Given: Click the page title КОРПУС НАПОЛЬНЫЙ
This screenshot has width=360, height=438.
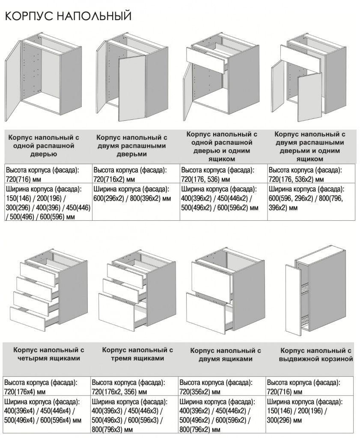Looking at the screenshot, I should [x=68, y=16].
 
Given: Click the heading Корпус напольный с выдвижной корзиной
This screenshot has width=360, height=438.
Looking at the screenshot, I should [x=316, y=355].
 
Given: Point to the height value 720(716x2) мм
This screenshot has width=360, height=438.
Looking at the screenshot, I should [x=114, y=178].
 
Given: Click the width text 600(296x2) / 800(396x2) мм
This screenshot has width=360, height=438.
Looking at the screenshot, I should [x=132, y=198].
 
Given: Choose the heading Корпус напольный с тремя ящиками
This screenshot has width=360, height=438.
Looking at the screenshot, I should [x=137, y=354].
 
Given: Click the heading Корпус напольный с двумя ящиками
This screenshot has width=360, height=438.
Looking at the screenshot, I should [x=226, y=355].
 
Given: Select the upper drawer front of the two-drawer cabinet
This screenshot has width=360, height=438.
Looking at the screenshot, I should [x=210, y=277].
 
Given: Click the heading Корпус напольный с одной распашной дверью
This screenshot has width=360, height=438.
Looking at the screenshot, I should [x=44, y=146].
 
